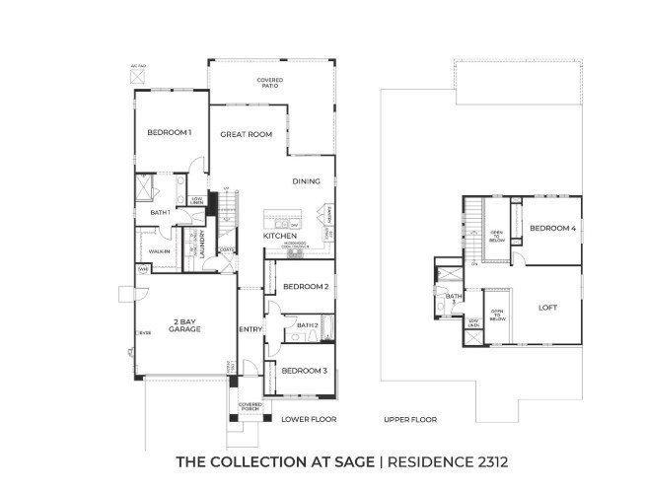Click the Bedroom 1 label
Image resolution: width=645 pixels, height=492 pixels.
(x=170, y=133)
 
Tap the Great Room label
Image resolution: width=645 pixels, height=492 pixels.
(x=246, y=134)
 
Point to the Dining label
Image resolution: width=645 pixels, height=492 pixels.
(x=306, y=180)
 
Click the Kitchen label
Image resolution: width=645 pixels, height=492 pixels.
(x=280, y=237)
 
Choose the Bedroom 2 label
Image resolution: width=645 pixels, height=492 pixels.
(x=305, y=287)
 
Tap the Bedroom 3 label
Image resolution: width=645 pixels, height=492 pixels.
(x=303, y=371)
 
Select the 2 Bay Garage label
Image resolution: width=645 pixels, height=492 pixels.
(x=184, y=325)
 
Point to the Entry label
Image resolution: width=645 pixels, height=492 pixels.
(x=250, y=329)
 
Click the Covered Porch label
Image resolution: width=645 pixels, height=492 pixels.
(x=251, y=407)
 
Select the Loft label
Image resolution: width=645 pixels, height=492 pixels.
(x=547, y=307)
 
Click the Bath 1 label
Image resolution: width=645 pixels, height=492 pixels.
(x=161, y=212)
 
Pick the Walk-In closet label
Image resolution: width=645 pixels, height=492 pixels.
(x=161, y=251)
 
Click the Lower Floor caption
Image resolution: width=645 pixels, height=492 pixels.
(x=309, y=419)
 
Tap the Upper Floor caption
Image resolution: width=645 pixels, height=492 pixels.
(x=410, y=419)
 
